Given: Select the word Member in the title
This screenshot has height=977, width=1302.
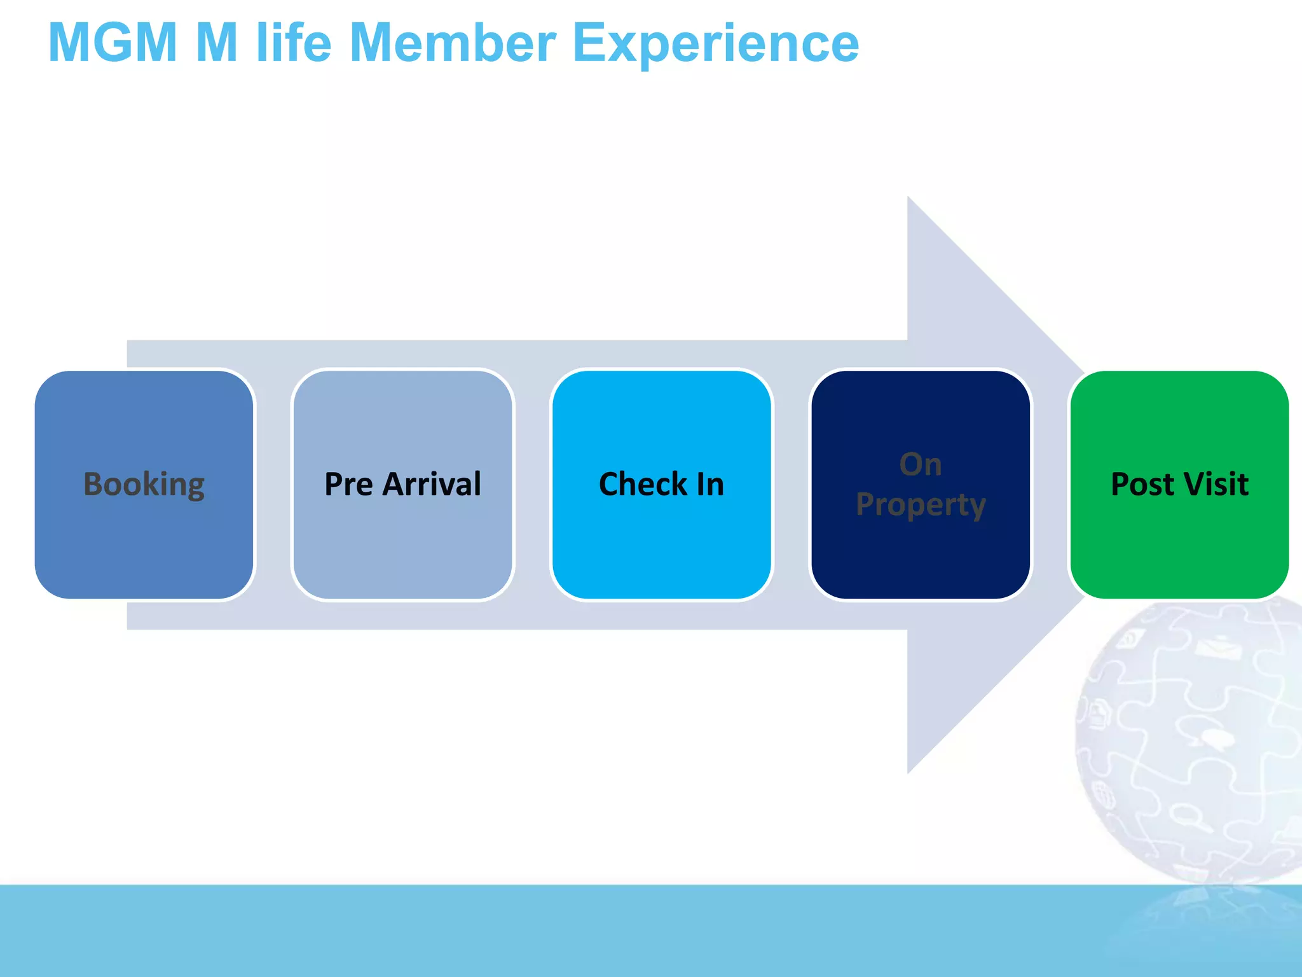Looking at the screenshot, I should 453,43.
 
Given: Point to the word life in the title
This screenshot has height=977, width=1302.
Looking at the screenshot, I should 294,43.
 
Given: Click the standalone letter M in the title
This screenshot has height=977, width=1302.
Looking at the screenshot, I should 217,43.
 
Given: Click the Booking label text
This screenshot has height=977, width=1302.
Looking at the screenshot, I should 144,485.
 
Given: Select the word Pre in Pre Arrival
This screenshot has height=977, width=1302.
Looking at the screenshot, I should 348,484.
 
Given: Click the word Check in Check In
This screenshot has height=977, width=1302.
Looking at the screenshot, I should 643,485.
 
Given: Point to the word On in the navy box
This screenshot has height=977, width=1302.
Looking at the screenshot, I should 921,464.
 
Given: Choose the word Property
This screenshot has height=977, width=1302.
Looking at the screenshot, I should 921,506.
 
